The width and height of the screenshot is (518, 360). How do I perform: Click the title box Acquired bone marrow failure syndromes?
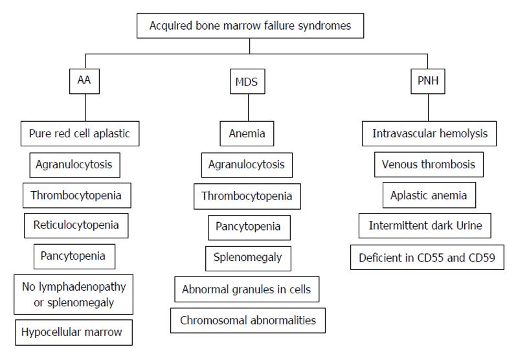[250, 26]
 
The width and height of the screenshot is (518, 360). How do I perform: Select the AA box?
[84, 81]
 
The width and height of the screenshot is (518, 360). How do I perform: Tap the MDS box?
[247, 81]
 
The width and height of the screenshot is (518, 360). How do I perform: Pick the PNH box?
[428, 81]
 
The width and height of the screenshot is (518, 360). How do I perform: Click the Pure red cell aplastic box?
[80, 133]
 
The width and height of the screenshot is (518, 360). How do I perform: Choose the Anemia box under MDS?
[247, 133]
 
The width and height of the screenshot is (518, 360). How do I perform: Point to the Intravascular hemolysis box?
[429, 133]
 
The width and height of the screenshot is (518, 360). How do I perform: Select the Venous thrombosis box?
[429, 164]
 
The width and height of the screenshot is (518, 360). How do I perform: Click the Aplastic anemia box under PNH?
[429, 195]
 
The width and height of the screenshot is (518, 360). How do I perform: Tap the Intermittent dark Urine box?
[425, 225]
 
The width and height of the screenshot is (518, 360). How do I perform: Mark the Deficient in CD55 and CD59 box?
[427, 257]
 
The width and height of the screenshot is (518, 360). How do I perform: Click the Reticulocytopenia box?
[76, 225]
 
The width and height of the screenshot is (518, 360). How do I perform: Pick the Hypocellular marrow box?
[74, 332]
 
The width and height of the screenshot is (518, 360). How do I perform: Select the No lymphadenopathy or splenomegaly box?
[73, 294]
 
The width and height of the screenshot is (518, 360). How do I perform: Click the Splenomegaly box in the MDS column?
[248, 258]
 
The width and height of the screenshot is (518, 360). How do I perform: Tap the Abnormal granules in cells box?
[247, 289]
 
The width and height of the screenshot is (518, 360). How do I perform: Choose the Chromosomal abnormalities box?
[248, 321]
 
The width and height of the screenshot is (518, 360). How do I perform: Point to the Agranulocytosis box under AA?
[74, 165]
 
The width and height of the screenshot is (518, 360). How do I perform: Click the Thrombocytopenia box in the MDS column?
[247, 197]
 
